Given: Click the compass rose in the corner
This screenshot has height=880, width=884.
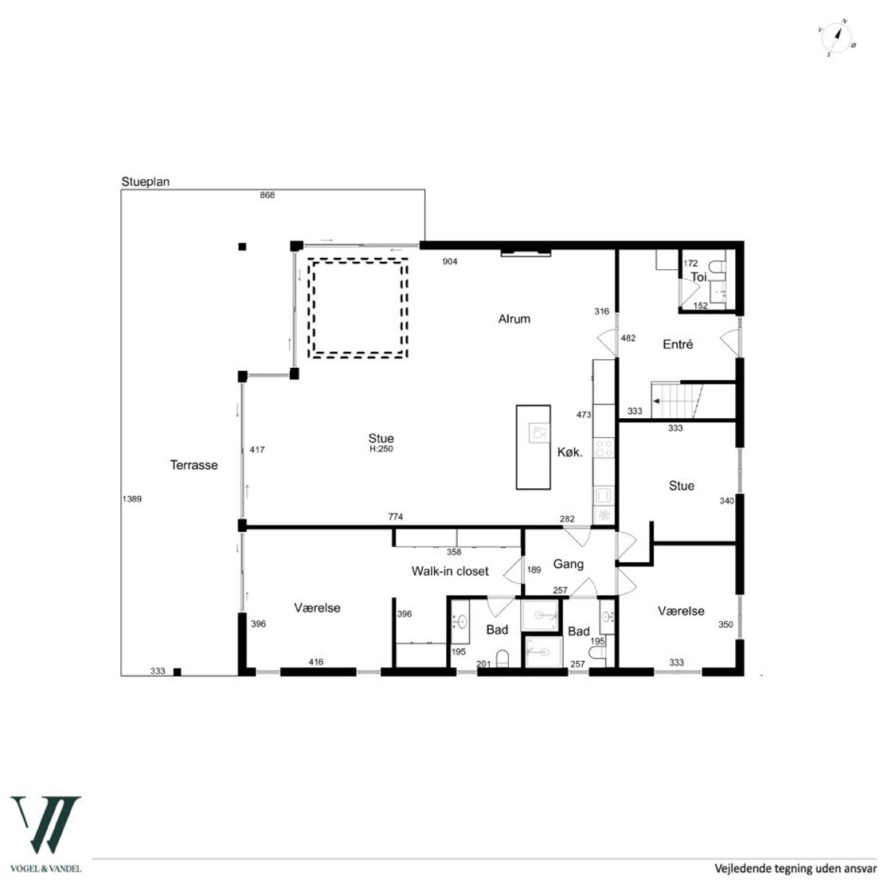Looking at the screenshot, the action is (x=837, y=38).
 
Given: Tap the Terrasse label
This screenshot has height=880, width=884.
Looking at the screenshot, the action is (x=194, y=465).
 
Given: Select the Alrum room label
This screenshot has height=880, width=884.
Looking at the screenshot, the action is (x=514, y=319).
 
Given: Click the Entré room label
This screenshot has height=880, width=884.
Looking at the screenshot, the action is (x=678, y=345).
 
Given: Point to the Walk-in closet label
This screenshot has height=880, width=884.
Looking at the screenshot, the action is (x=450, y=571).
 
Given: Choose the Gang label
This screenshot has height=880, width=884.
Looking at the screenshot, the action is (x=569, y=565).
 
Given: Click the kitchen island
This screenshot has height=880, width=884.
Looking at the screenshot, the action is (x=534, y=447).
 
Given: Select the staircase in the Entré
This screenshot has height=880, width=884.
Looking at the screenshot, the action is (x=677, y=401).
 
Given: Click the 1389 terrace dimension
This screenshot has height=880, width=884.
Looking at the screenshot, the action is (x=132, y=499).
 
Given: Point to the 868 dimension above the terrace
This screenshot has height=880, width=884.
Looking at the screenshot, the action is (x=268, y=195).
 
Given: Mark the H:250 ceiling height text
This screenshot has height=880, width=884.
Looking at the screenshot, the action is (x=381, y=449).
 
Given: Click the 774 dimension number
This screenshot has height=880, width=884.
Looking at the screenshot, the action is (x=396, y=516).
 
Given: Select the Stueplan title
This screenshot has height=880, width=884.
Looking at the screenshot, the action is (x=146, y=182).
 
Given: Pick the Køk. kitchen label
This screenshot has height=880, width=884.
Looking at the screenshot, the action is (x=570, y=452).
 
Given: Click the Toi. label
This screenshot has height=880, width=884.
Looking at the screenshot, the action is (x=700, y=277).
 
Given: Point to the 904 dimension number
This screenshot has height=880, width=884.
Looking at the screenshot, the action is (x=450, y=261).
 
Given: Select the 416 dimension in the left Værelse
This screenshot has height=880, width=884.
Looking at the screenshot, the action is (x=316, y=662).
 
